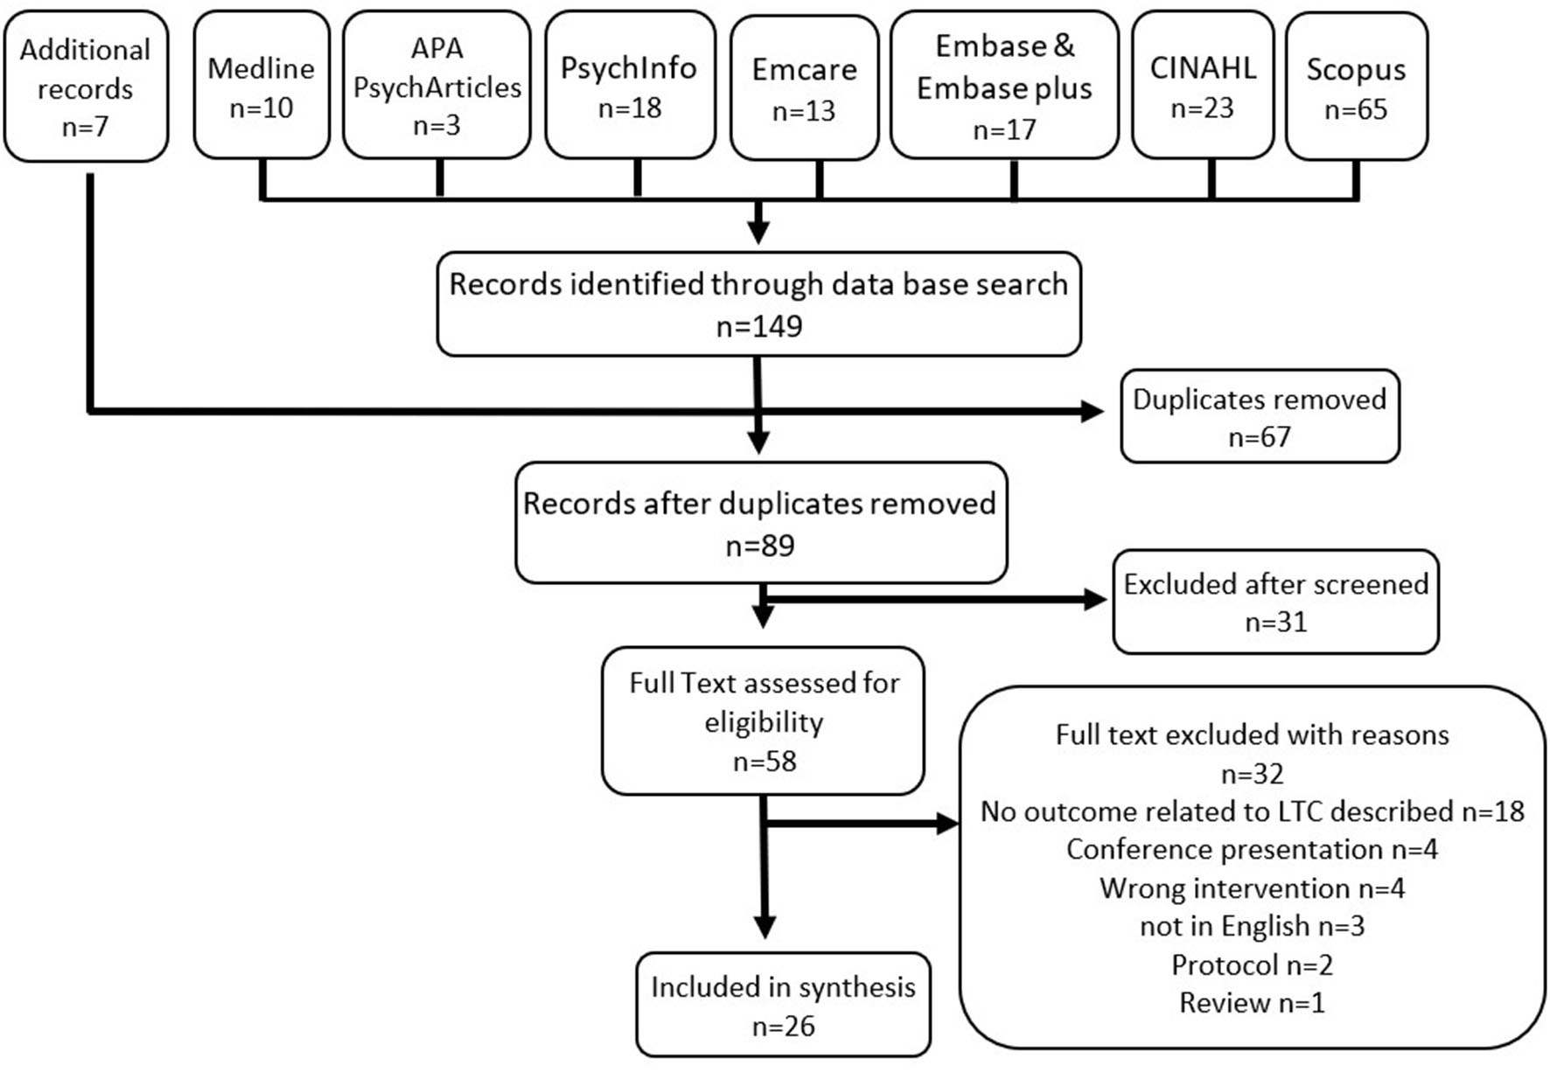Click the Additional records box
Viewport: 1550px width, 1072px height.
pos(85,87)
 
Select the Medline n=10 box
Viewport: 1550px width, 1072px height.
pos(261,87)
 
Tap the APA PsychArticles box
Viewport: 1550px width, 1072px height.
pos(436,87)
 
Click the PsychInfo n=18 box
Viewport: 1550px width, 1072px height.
pos(629,87)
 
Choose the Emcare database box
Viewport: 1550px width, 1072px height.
pos(804,89)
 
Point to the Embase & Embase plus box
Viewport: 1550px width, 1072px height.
pos(1003,87)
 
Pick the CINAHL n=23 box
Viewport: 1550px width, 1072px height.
pos(1202,87)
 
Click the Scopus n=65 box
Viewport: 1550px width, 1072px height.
pos(1355,87)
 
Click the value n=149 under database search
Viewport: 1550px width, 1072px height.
pos(758,326)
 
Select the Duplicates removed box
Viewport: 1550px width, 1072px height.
pos(1259,416)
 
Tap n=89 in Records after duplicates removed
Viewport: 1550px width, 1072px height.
pos(759,546)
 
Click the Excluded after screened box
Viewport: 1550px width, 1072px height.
pos(1274,602)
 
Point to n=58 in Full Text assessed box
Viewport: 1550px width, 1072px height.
pos(764,761)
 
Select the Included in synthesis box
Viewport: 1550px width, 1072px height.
pos(782,1005)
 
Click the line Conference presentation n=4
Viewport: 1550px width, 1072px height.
pos(1251,849)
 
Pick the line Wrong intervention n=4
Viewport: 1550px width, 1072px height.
pos(1251,888)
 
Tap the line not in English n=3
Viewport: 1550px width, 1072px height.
pos(1251,926)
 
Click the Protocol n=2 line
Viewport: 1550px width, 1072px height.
pos(1251,964)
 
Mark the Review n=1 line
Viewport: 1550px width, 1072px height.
pos(1251,1002)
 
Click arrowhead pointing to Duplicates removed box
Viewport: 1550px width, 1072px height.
pos(1093,411)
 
